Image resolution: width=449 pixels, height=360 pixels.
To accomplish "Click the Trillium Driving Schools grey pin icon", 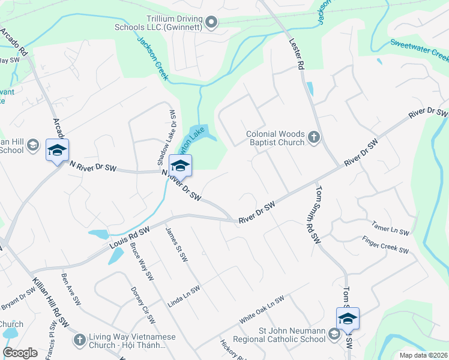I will pyautogui.click(x=211, y=23).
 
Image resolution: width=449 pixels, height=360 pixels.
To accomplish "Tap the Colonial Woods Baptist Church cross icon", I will pyautogui.click(x=313, y=138).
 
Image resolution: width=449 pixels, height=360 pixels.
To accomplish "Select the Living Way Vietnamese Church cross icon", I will pyautogui.click(x=79, y=340).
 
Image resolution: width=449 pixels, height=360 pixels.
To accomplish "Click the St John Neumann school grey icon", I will pyautogui.click(x=334, y=336).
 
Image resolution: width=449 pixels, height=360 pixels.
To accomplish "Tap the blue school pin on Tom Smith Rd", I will pyautogui.click(x=348, y=319).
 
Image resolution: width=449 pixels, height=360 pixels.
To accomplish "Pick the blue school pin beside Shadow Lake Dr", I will pyautogui.click(x=179, y=166).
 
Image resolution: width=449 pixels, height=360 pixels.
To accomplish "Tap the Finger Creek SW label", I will pyautogui.click(x=385, y=245).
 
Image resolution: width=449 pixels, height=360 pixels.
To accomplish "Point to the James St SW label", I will pyautogui.click(x=176, y=245).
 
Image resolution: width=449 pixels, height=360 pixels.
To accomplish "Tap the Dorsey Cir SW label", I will pyautogui.click(x=143, y=305).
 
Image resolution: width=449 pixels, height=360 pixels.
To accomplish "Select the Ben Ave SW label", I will pyautogui.click(x=70, y=290).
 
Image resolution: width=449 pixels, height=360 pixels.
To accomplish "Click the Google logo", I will pyautogui.click(x=20, y=353).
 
